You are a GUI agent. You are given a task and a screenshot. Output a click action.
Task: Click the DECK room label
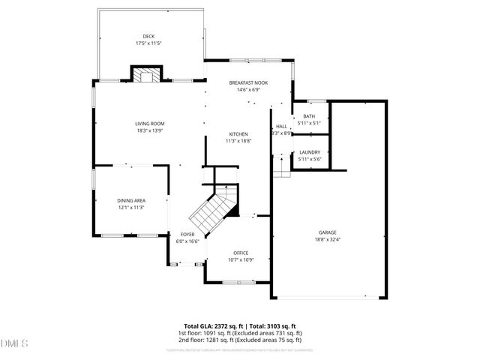pyautogui.click(x=148, y=36)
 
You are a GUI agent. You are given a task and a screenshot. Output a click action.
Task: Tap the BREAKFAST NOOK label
pyautogui.click(x=248, y=82)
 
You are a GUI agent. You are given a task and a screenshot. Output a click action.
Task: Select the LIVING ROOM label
pyautogui.click(x=149, y=124)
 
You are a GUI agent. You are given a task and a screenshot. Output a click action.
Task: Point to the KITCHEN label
pyautogui.click(x=238, y=134)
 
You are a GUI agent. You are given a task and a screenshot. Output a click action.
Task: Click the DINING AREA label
pyautogui.click(x=130, y=200)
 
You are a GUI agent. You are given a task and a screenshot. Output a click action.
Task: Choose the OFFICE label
pyautogui.click(x=241, y=253)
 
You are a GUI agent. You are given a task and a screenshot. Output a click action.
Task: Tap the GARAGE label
pyautogui.click(x=327, y=232)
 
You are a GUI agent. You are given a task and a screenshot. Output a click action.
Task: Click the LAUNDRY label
pyautogui.click(x=310, y=152)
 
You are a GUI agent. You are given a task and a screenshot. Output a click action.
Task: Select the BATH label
pyautogui.click(x=309, y=116)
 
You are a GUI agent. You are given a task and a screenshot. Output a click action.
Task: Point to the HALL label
pyautogui.click(x=281, y=127)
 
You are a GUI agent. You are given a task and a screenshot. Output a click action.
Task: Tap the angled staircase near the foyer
pyautogui.click(x=211, y=211)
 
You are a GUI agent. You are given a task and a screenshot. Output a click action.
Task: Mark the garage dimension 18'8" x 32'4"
pyautogui.click(x=327, y=240)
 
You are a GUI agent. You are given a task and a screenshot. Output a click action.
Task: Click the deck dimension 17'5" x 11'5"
pyautogui.click(x=148, y=43)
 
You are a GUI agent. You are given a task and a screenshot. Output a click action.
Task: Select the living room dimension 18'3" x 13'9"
pyautogui.click(x=149, y=131)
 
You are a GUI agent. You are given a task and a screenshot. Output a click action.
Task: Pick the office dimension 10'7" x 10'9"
pyautogui.click(x=241, y=260)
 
